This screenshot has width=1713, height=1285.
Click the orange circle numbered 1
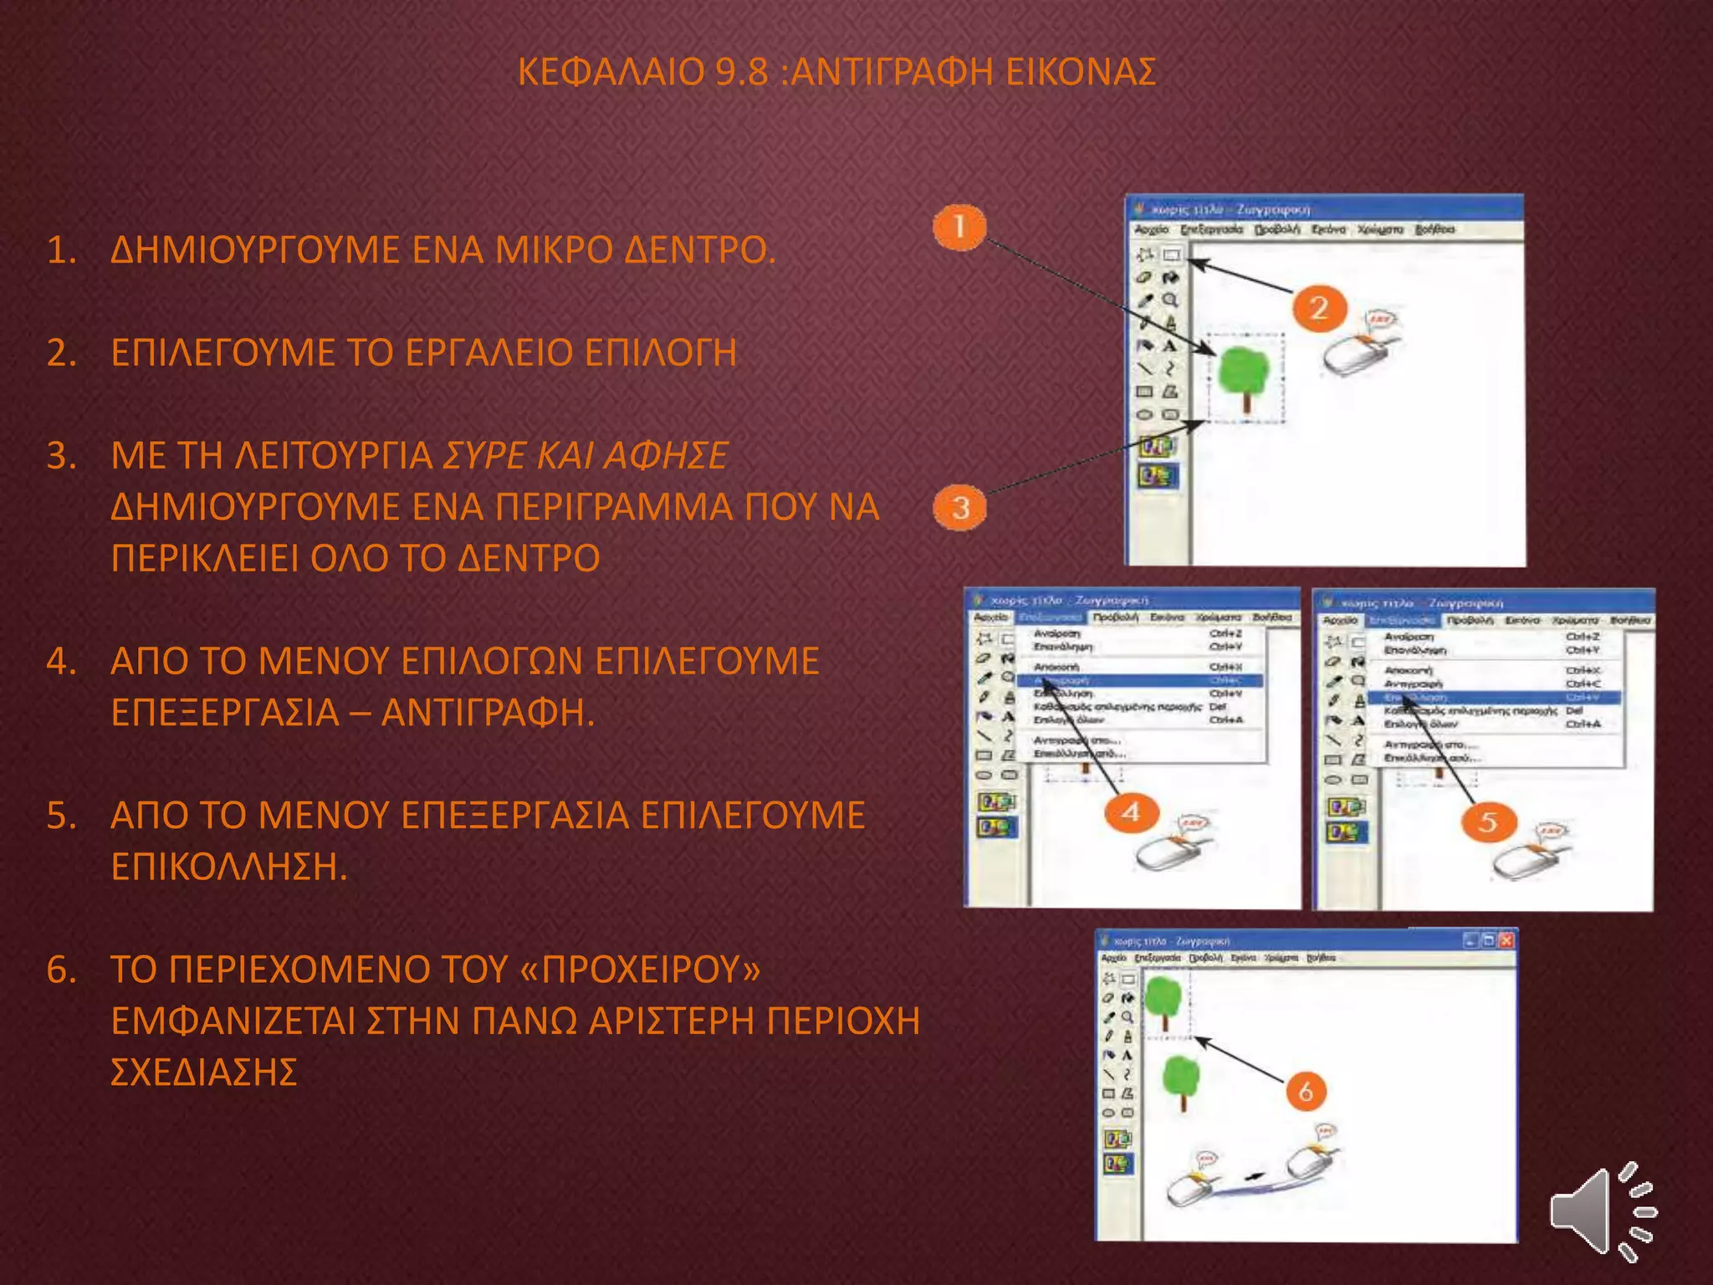click(959, 227)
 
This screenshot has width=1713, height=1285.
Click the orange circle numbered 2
click(1319, 309)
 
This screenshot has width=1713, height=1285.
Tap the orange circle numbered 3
click(960, 507)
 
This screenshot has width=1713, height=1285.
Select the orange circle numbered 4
click(1131, 812)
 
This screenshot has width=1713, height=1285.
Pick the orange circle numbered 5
click(1487, 822)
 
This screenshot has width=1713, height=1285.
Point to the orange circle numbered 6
click(1306, 1091)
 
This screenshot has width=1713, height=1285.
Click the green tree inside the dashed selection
click(1245, 374)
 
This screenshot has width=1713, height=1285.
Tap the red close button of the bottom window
click(1506, 940)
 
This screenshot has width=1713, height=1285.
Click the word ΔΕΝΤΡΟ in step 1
click(700, 250)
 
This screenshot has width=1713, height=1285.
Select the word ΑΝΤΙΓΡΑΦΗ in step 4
click(487, 713)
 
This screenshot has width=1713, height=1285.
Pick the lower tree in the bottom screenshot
click(1181, 1080)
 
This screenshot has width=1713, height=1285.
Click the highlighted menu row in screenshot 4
click(1138, 680)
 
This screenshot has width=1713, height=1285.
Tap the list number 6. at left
click(62, 970)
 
